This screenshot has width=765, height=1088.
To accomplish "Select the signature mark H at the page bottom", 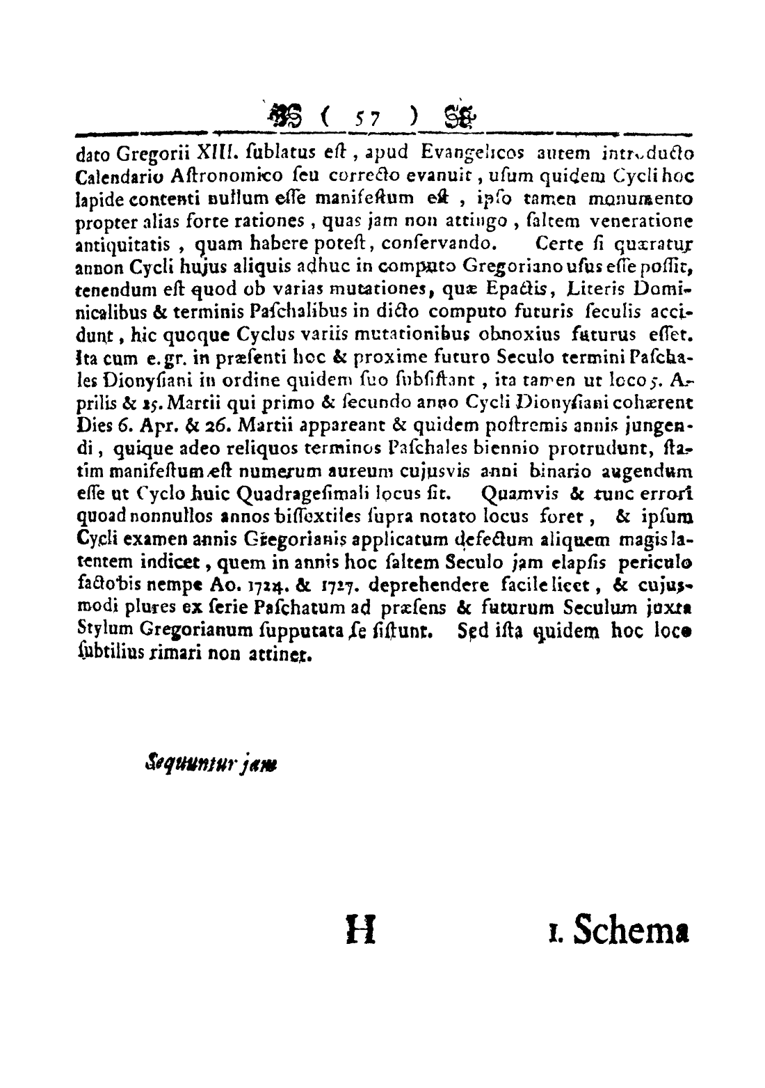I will tap(360, 929).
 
